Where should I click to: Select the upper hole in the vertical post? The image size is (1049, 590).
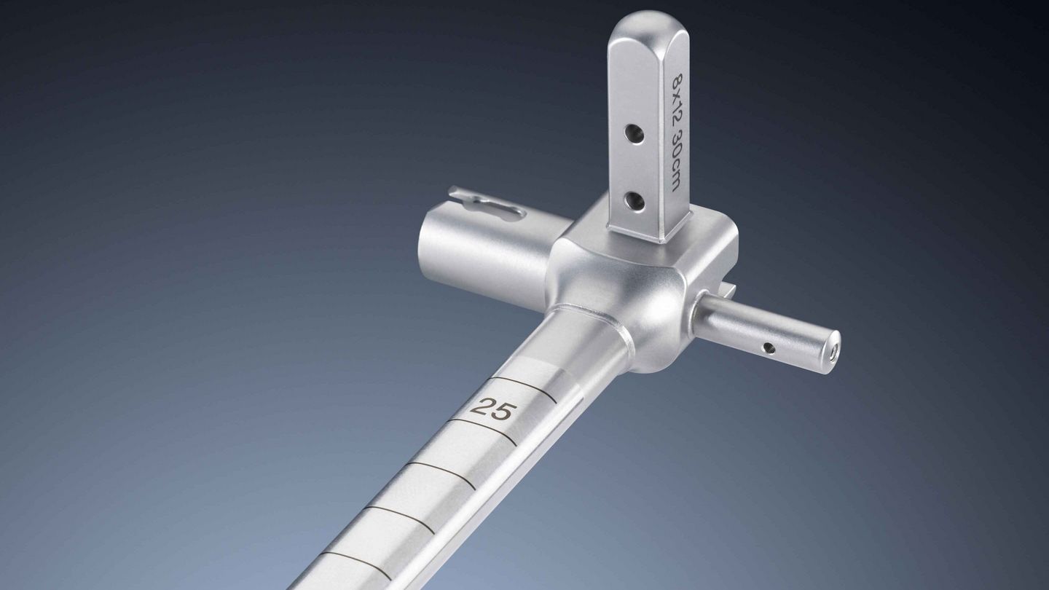coord(632,134)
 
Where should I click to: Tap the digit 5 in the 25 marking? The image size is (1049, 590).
coord(500,411)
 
